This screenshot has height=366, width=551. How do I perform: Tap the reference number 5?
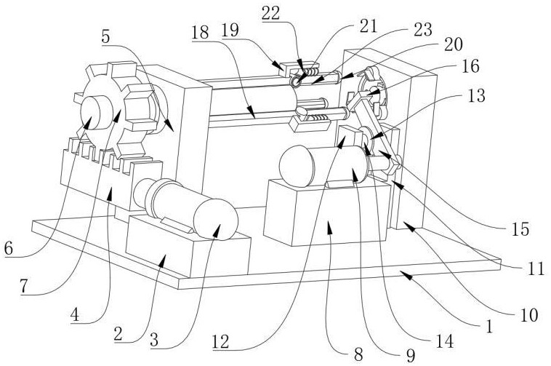coord(106,37)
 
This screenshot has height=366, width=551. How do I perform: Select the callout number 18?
coord(201,33)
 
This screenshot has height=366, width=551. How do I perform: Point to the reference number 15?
coord(520,229)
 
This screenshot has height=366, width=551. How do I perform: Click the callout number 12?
coord(221,341)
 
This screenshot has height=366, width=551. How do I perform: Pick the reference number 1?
coord(488,327)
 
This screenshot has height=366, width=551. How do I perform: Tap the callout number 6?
coord(9,249)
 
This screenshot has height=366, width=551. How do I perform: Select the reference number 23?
coord(423,30)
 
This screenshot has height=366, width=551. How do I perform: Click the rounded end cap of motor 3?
coord(215,220)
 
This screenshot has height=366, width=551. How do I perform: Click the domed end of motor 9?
coord(296,166)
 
